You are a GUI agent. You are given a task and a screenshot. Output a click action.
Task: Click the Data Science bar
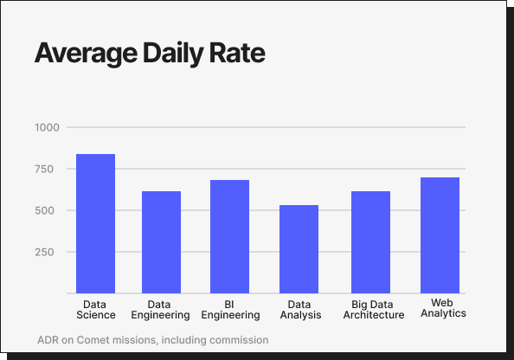tap(95, 223)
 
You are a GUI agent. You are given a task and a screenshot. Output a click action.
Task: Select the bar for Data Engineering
tap(161, 242)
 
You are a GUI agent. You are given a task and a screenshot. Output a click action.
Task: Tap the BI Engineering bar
tap(229, 236)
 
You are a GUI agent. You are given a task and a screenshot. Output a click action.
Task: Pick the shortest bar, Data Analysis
tap(299, 249)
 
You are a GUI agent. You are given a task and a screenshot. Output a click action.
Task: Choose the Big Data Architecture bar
tap(370, 242)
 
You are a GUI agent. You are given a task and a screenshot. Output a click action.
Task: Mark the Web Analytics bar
tap(440, 235)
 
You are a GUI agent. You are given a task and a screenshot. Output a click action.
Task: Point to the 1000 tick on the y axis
tap(47, 127)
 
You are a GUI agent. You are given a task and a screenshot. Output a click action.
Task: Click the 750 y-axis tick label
tap(48, 169)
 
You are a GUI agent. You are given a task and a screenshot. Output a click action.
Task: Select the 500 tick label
tap(48, 210)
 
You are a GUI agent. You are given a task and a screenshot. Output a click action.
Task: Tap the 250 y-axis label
tap(48, 252)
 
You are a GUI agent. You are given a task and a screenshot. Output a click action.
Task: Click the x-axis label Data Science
tap(95, 310)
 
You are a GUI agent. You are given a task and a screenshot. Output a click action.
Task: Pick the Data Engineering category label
tap(161, 310)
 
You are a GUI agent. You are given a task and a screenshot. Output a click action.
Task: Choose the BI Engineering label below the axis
tap(229, 310)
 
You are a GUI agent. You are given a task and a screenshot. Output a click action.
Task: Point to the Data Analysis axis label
tap(299, 310)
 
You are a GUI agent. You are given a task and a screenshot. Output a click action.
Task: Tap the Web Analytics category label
tap(443, 307)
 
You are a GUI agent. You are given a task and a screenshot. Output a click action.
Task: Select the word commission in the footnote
tap(239, 340)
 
